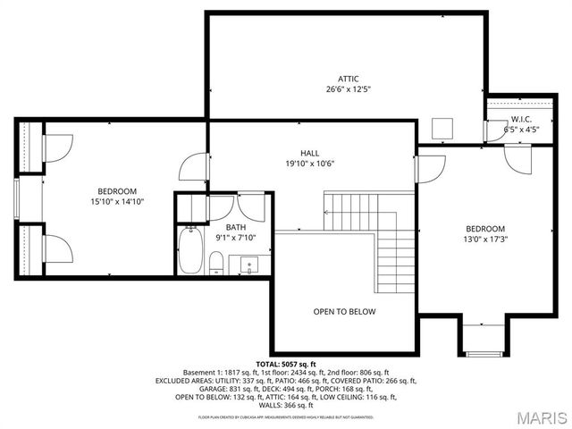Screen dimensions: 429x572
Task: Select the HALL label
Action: click(x=309, y=153)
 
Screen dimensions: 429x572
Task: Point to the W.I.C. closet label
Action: click(x=522, y=119)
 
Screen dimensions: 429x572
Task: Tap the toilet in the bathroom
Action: click(x=215, y=262)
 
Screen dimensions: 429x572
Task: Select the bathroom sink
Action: click(x=250, y=264)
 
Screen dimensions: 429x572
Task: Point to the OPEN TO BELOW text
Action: click(x=344, y=312)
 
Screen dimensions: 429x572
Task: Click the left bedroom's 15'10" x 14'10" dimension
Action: click(x=117, y=202)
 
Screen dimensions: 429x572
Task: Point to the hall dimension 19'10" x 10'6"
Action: click(x=309, y=164)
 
